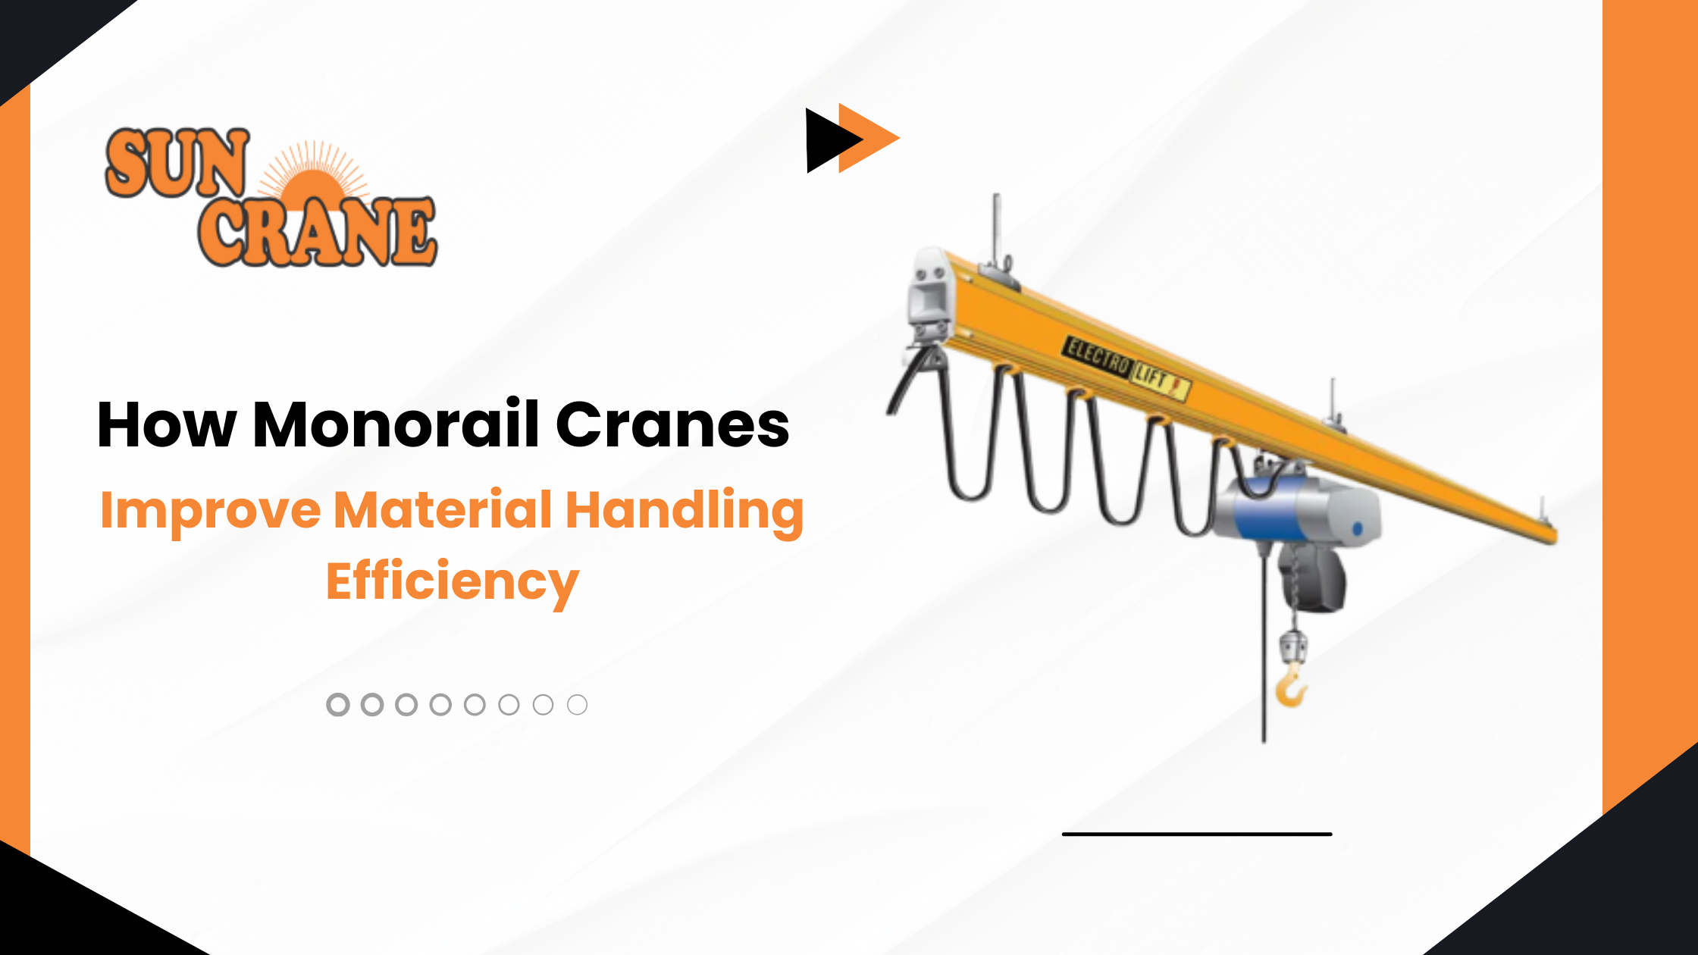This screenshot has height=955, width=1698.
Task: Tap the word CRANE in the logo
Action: click(317, 231)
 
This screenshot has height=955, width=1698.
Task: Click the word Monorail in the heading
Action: click(396, 424)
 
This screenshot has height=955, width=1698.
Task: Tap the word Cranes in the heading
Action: click(672, 424)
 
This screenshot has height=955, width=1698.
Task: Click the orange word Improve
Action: click(210, 510)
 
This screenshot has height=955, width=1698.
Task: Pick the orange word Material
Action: click(443, 510)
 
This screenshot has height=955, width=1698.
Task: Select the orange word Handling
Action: click(684, 510)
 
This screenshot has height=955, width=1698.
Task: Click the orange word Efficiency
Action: click(453, 581)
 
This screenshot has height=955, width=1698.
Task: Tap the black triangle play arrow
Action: click(828, 140)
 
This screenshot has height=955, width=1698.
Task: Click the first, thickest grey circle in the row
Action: click(337, 705)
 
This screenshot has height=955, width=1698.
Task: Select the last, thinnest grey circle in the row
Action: click(577, 705)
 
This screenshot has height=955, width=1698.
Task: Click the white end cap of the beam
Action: click(930, 292)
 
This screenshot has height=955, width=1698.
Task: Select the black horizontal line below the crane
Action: click(1197, 834)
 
